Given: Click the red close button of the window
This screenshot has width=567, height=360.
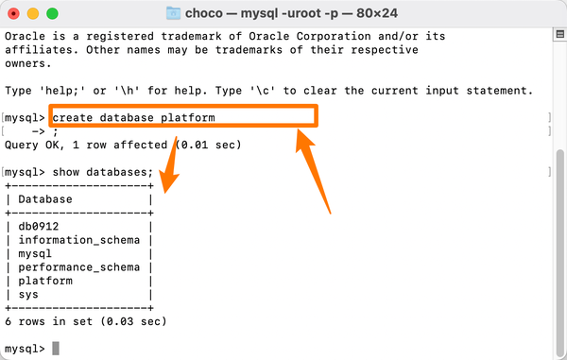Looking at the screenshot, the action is point(13,14).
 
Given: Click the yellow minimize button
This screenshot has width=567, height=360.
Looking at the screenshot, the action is point(32,14).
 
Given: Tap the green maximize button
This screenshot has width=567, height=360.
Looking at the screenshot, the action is point(51,14).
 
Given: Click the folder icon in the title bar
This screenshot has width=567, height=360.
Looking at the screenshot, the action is point(174,13).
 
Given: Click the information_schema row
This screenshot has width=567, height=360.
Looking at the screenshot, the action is point(76,240).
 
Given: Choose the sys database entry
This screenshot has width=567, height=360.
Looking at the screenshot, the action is point(28,295).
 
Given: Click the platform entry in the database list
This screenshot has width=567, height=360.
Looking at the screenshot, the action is point(46,281).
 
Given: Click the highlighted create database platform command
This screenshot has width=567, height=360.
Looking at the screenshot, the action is point(134,118).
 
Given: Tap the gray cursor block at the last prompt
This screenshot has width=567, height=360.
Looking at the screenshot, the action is point(56,349).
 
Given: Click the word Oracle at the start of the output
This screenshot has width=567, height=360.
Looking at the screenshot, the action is point(26,37).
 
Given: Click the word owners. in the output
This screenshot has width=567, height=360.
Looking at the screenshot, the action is point(29,64).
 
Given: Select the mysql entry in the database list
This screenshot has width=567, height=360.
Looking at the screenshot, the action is point(35,254).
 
